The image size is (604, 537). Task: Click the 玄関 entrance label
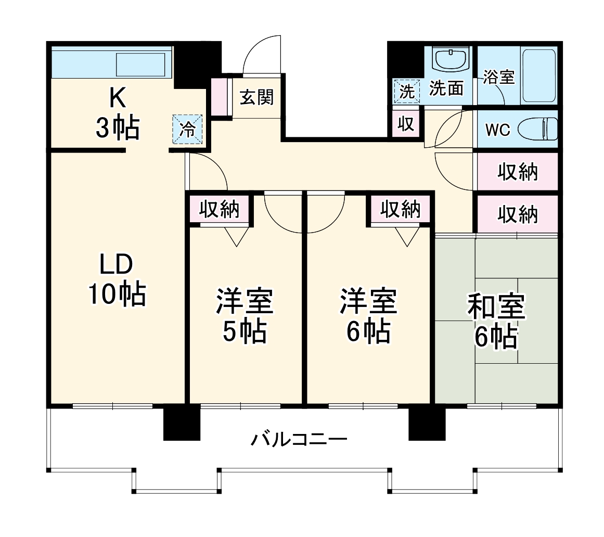pyautogui.click(x=256, y=97)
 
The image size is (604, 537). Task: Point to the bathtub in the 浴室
pyautogui.click(x=539, y=75)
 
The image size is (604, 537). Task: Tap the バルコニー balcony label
pyautogui.click(x=299, y=440)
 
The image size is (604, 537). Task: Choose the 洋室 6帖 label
pyautogui.click(x=368, y=316)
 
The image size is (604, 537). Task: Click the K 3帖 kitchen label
pyautogui.click(x=117, y=113)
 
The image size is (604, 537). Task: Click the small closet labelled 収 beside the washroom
pyautogui.click(x=406, y=124)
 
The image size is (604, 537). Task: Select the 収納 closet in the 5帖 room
pyautogui.click(x=220, y=209)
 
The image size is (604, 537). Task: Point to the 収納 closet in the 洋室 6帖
pyautogui.click(x=400, y=209)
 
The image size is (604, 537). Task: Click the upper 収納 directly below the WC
pyautogui.click(x=517, y=172)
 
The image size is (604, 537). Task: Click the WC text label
pyautogui.click(x=498, y=130)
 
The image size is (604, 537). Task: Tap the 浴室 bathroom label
pyautogui.click(x=498, y=77)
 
